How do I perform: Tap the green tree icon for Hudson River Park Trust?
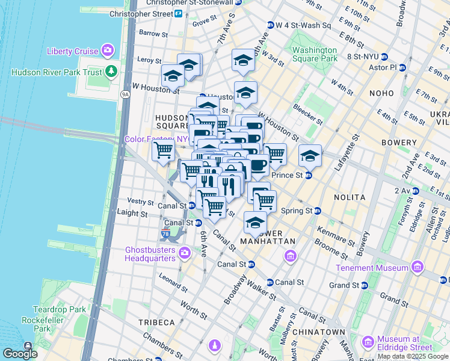(x=111, y=72)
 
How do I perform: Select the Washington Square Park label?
(x=315, y=54)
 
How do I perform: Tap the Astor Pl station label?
(x=385, y=67)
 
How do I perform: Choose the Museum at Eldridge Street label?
(x=404, y=343)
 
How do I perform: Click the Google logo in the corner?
(x=20, y=354)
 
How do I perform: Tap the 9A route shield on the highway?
(x=125, y=94)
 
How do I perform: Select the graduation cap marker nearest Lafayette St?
(x=310, y=156)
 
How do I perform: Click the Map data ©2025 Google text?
(x=413, y=356)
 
